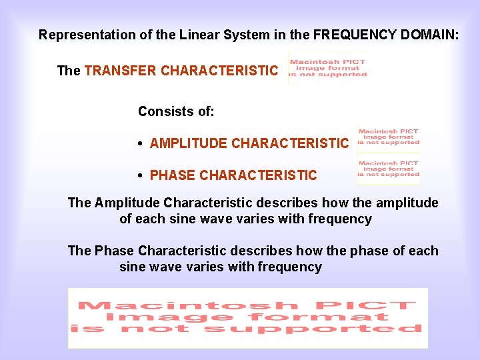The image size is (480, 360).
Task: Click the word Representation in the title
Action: click(x=81, y=35)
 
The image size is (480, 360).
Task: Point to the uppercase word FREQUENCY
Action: click(x=356, y=35)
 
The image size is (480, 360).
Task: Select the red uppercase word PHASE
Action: click(x=173, y=175)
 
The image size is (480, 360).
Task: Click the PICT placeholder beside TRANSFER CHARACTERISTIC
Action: click(x=328, y=68)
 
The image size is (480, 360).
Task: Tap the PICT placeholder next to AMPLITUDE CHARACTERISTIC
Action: click(x=389, y=137)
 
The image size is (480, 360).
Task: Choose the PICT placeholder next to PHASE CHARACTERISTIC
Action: click(x=389, y=169)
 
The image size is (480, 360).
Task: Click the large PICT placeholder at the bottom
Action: click(x=247, y=318)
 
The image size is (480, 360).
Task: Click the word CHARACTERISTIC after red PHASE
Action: click(x=258, y=175)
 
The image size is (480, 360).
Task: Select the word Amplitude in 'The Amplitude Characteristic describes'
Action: click(x=127, y=203)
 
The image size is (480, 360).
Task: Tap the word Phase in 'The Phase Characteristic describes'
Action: click(x=114, y=251)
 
